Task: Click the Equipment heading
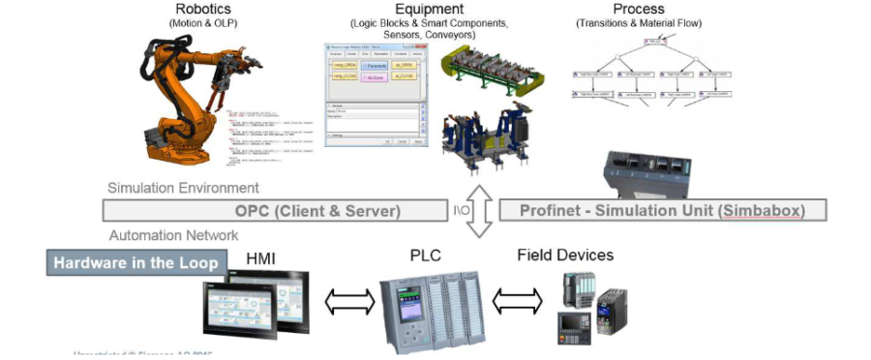coord(415,9)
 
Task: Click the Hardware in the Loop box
coord(135,261)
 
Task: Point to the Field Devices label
coord(564,255)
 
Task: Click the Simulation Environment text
coord(183,188)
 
